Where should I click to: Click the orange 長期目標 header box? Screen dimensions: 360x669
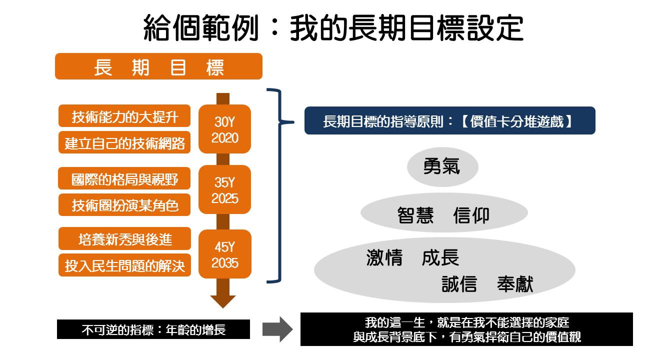158,66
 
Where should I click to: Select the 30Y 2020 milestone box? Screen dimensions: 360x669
224,129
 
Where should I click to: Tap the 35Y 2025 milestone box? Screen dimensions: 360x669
224,190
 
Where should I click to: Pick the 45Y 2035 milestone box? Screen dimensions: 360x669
224,254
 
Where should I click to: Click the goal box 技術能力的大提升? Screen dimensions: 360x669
124,116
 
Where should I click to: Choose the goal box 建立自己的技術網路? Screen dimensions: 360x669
124,142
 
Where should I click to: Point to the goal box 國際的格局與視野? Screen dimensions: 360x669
124,178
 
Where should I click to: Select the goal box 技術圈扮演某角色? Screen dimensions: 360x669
124,205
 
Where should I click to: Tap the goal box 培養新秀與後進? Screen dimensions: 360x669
124,239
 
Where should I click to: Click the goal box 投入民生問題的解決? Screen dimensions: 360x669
124,266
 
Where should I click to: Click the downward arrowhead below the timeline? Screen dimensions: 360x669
223,300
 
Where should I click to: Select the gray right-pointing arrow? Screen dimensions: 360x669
277,329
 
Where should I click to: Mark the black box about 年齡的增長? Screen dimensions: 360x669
153,329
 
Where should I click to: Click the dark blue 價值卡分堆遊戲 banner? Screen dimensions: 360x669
449,121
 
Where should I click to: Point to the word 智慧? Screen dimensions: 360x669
415,215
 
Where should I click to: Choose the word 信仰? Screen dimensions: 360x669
471,215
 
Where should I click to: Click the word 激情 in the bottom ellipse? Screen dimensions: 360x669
384,258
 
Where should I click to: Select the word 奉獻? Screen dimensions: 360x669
515,284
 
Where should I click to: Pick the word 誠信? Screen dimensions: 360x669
459,284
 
